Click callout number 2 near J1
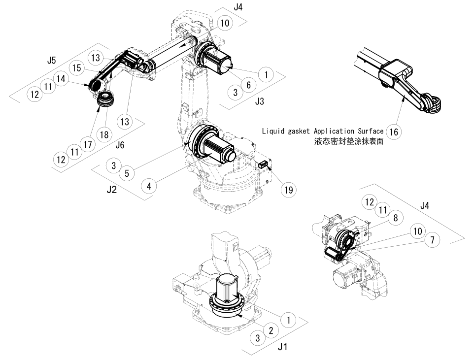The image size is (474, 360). pyautogui.click(x=271, y=330)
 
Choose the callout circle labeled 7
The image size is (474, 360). pyautogui.click(x=432, y=240)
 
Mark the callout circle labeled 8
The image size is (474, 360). pyautogui.click(x=395, y=217)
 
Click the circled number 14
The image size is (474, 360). pyautogui.click(x=62, y=78)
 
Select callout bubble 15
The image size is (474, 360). pyautogui.click(x=76, y=68)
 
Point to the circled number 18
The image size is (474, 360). pyautogui.click(x=104, y=134)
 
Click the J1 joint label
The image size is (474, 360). pyautogui.click(x=282, y=347)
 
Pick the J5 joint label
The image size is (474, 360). pyautogui.click(x=51, y=61)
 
